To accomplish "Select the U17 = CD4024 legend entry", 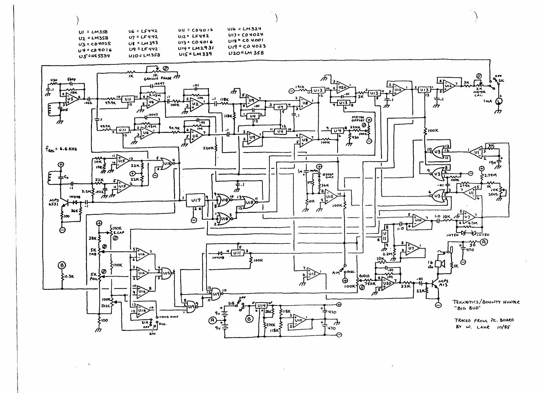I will [x=245, y=35].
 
